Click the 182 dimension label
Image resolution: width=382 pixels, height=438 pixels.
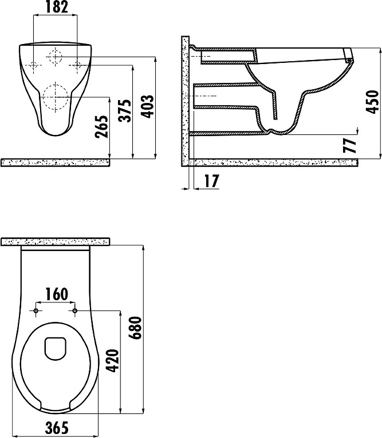coord(57,7)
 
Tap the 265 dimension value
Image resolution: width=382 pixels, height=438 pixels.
coord(101,126)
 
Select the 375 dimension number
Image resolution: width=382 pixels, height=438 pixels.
coord(124,110)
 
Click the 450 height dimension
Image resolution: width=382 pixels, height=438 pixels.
coord(372,102)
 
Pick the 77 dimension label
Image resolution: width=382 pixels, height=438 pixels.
coord(350,146)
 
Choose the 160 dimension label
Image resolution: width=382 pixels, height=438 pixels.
coord(56,294)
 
